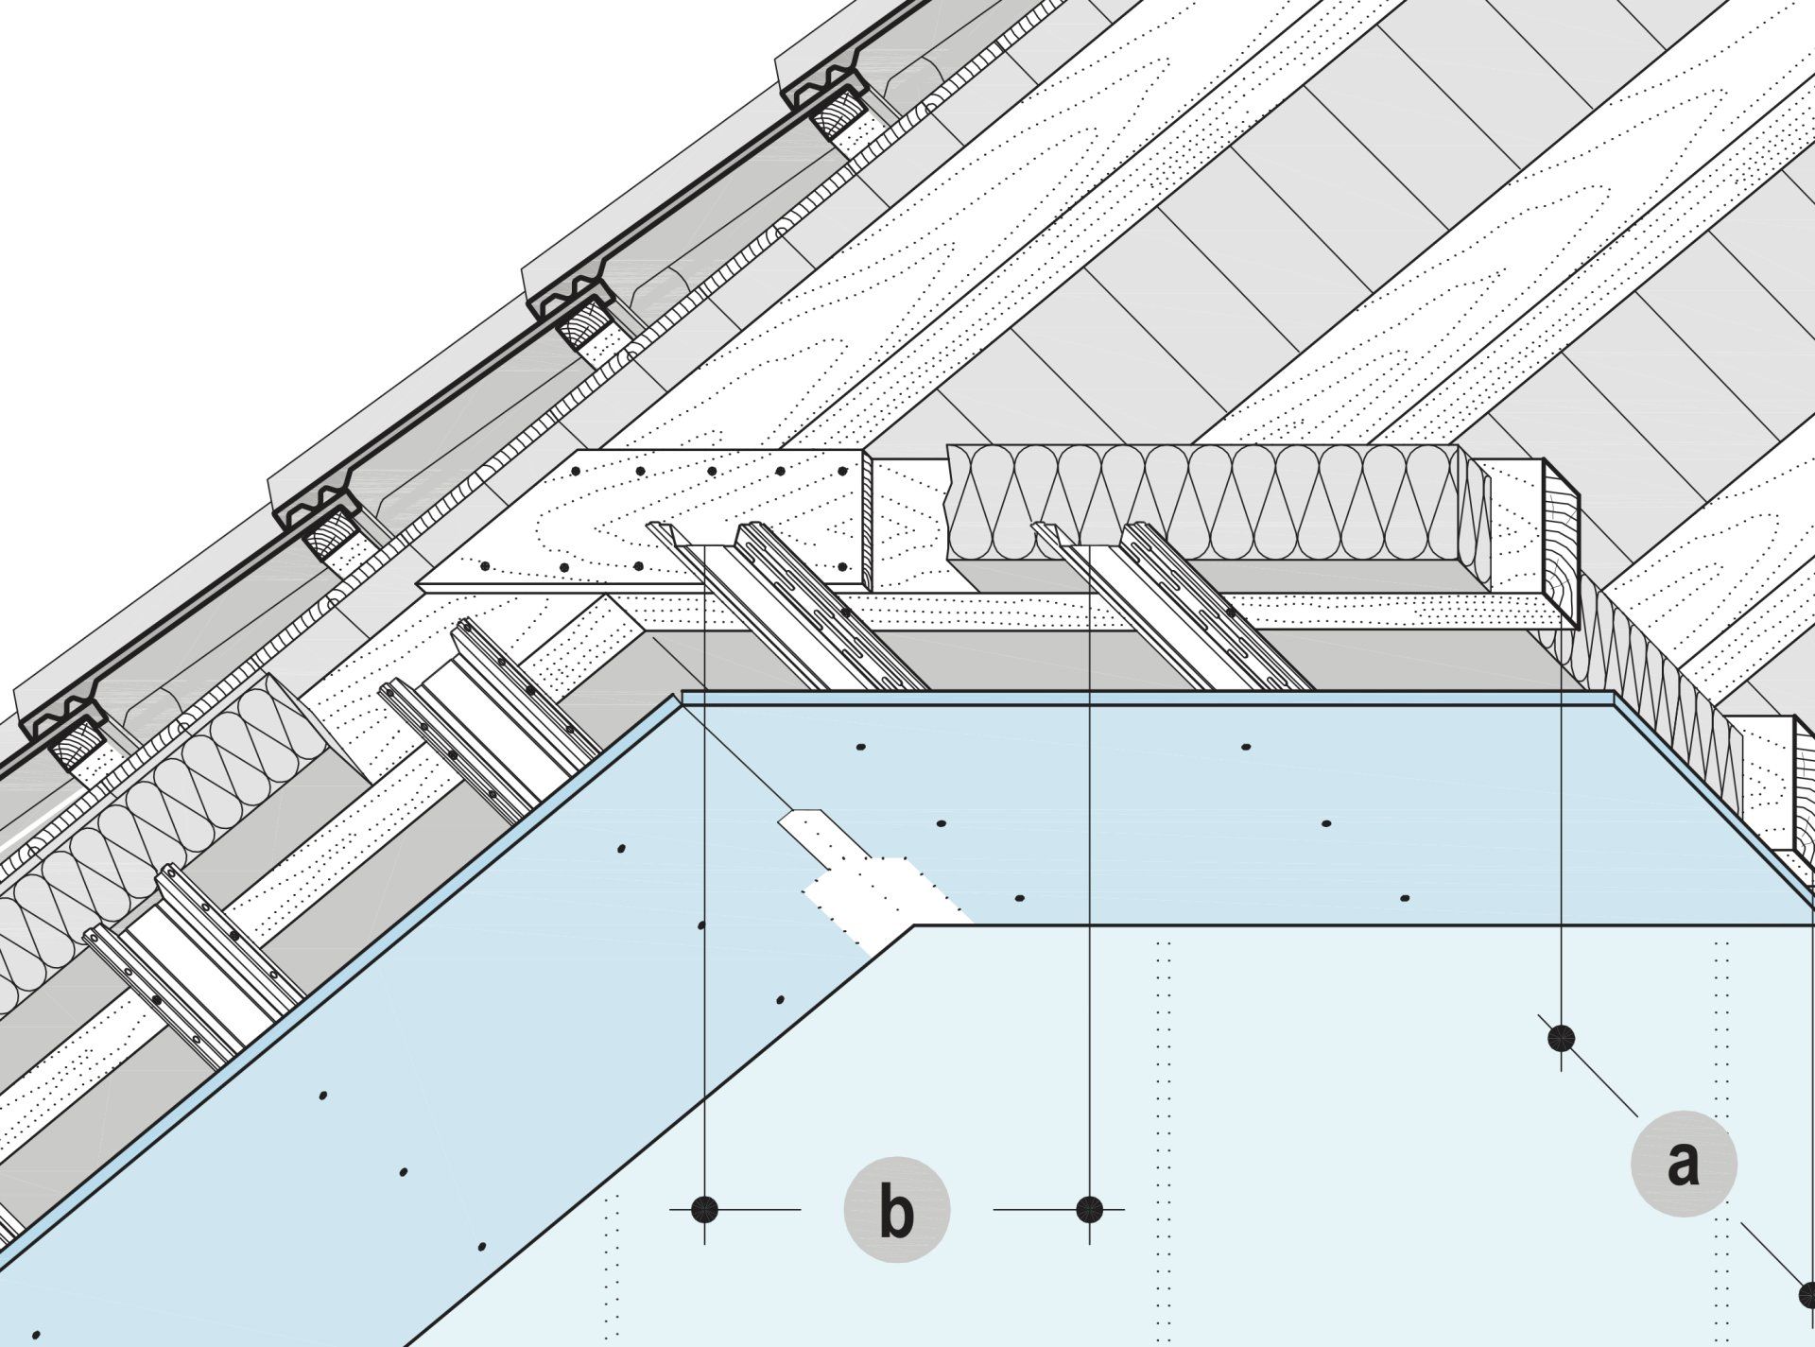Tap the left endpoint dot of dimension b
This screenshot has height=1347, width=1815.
click(704, 1209)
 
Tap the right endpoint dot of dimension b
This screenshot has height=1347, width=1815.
click(1090, 1209)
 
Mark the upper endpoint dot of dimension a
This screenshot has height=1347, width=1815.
click(1561, 1039)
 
